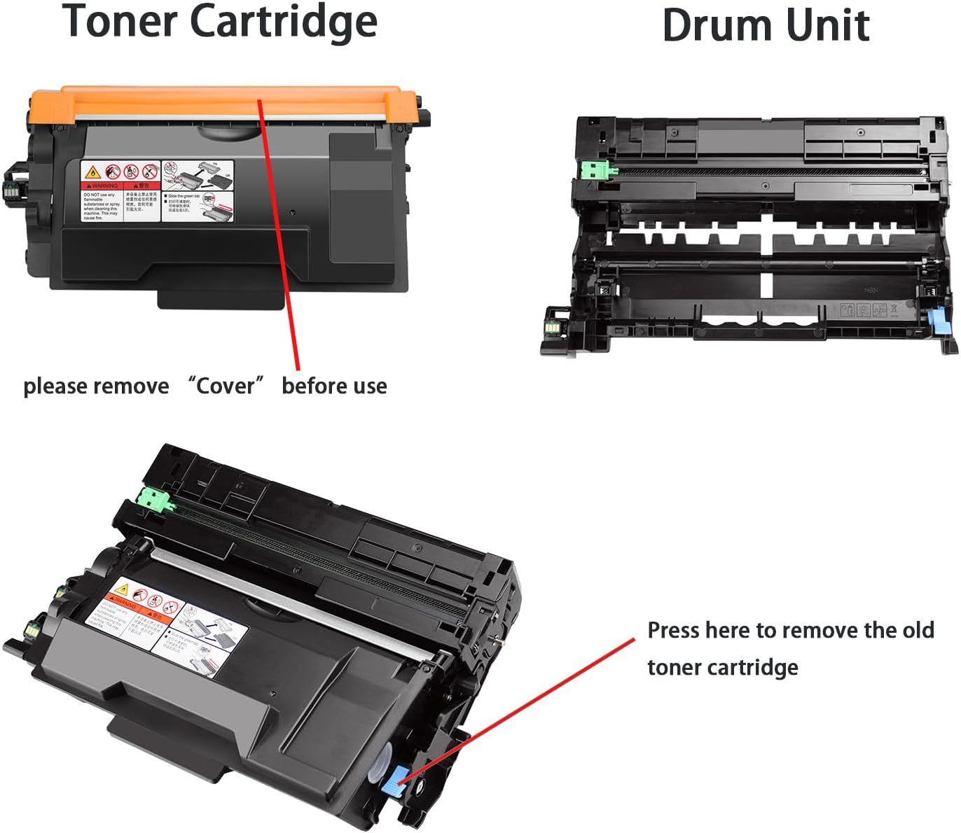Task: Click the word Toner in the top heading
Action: (x=119, y=21)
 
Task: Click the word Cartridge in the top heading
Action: (x=284, y=22)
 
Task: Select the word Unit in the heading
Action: (x=828, y=26)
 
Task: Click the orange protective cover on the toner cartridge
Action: (x=231, y=101)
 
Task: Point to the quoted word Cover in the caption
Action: (x=226, y=386)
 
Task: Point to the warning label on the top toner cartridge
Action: (x=157, y=191)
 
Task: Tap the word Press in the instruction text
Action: (x=674, y=630)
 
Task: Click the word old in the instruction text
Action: (x=918, y=630)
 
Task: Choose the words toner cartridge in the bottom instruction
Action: (x=722, y=667)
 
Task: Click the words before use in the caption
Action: (x=334, y=386)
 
